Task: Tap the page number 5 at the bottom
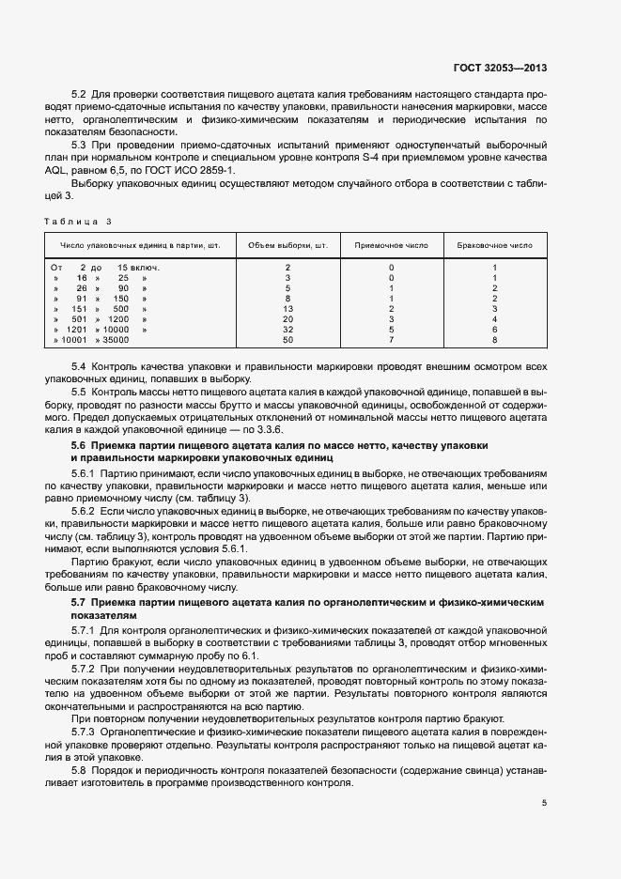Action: point(544,802)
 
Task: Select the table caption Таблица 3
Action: point(77,221)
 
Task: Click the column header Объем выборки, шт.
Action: point(287,244)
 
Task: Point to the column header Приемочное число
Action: point(391,244)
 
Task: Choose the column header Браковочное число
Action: point(494,244)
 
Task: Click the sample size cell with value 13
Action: point(287,309)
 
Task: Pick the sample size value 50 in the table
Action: point(287,340)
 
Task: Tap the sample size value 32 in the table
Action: point(287,330)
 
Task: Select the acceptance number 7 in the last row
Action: point(391,340)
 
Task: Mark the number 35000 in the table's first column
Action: point(114,340)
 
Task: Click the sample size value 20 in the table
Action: point(287,319)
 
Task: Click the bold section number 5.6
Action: point(80,443)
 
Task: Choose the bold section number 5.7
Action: point(80,600)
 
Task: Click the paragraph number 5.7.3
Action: point(84,730)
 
